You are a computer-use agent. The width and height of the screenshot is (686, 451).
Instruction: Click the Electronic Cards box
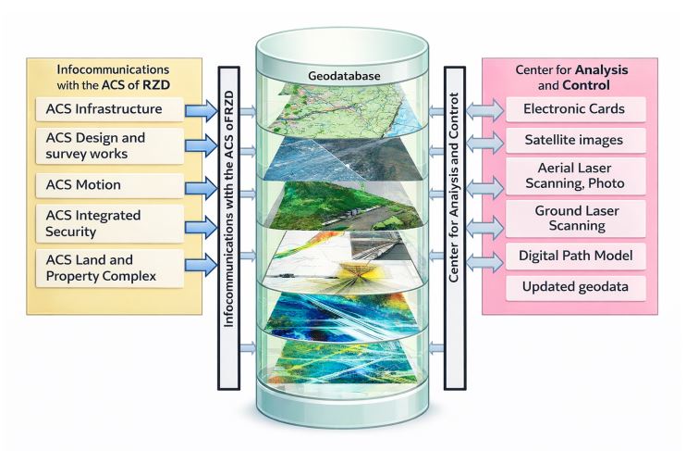pyautogui.click(x=569, y=109)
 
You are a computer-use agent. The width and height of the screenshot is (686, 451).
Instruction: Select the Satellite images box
pyautogui.click(x=569, y=141)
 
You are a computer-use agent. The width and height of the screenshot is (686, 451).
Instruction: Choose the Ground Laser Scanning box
pyautogui.click(x=569, y=219)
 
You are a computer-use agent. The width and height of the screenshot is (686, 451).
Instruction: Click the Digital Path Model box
pyautogui.click(x=569, y=256)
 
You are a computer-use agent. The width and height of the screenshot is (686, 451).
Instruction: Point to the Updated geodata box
pyautogui.click(x=569, y=287)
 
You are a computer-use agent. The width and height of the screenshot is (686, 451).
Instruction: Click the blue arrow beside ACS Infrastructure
pyautogui.click(x=200, y=110)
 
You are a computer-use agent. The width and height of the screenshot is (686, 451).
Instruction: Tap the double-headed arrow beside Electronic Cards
pyautogui.click(x=484, y=109)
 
